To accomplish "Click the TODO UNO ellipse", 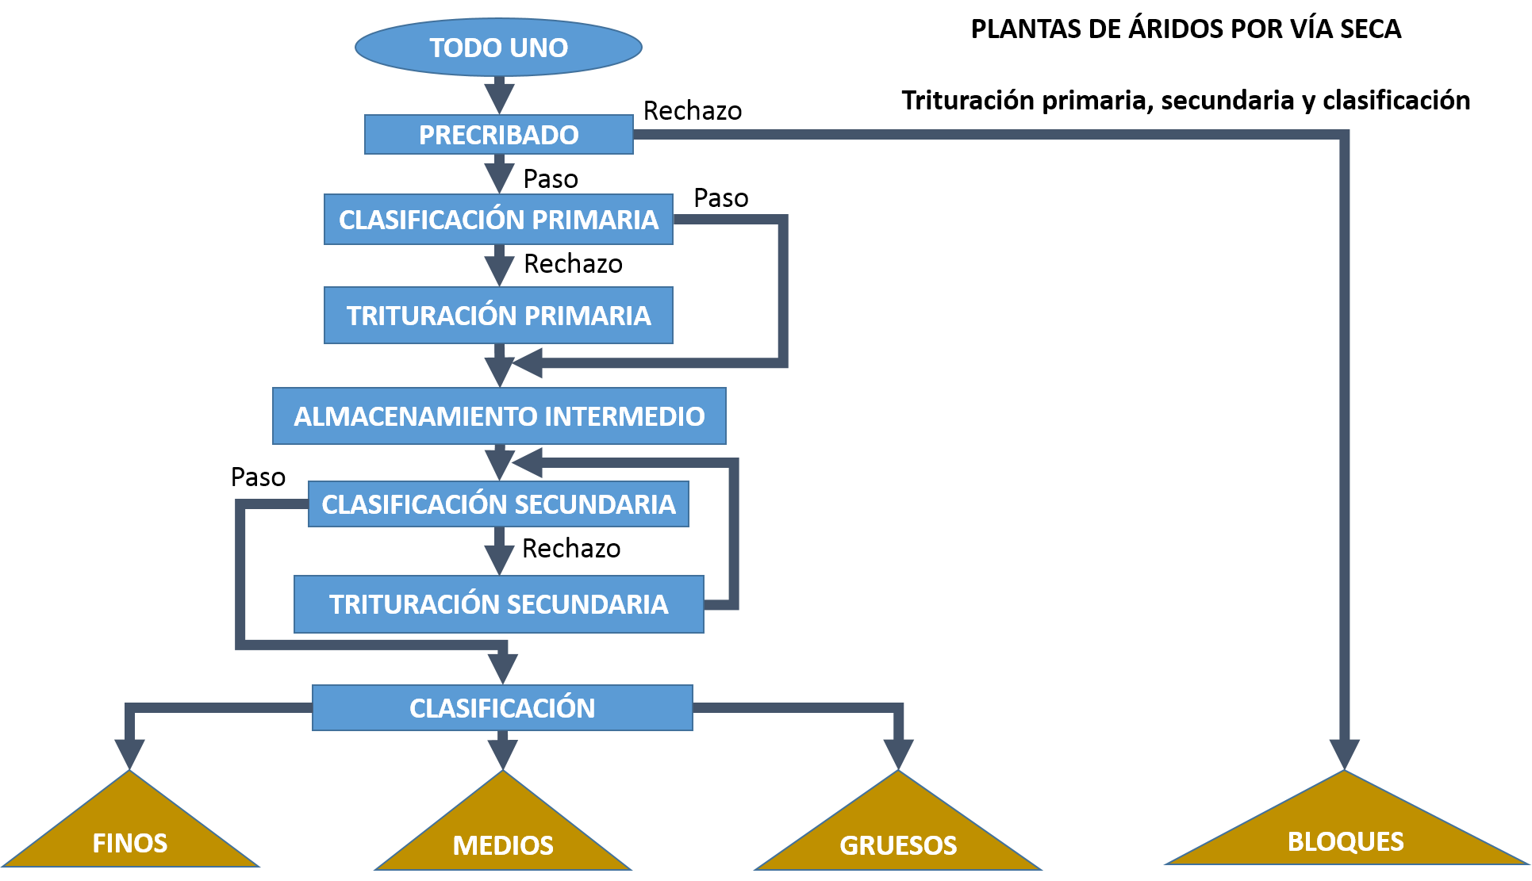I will (498, 48).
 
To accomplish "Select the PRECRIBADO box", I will (498, 135).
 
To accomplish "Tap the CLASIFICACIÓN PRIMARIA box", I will (498, 220).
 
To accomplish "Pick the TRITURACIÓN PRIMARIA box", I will (498, 316).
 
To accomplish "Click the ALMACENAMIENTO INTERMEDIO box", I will (499, 416).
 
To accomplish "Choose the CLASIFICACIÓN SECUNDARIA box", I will (498, 504).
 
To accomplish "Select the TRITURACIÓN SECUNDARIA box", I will (498, 604).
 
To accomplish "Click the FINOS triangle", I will (130, 833).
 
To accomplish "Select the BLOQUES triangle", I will (1346, 833).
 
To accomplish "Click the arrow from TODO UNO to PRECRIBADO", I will (499, 95).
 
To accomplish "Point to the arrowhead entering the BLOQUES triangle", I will (1345, 753).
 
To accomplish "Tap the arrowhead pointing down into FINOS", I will (129, 753).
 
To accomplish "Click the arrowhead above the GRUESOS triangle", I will (898, 753).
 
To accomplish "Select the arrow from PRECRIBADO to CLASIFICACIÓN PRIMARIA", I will (499, 174).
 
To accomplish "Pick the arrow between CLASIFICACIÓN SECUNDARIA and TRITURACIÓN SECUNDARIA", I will (499, 551).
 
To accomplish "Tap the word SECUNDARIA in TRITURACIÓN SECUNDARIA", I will (588, 604).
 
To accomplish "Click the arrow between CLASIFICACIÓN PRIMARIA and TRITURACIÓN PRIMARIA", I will (499, 266).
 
